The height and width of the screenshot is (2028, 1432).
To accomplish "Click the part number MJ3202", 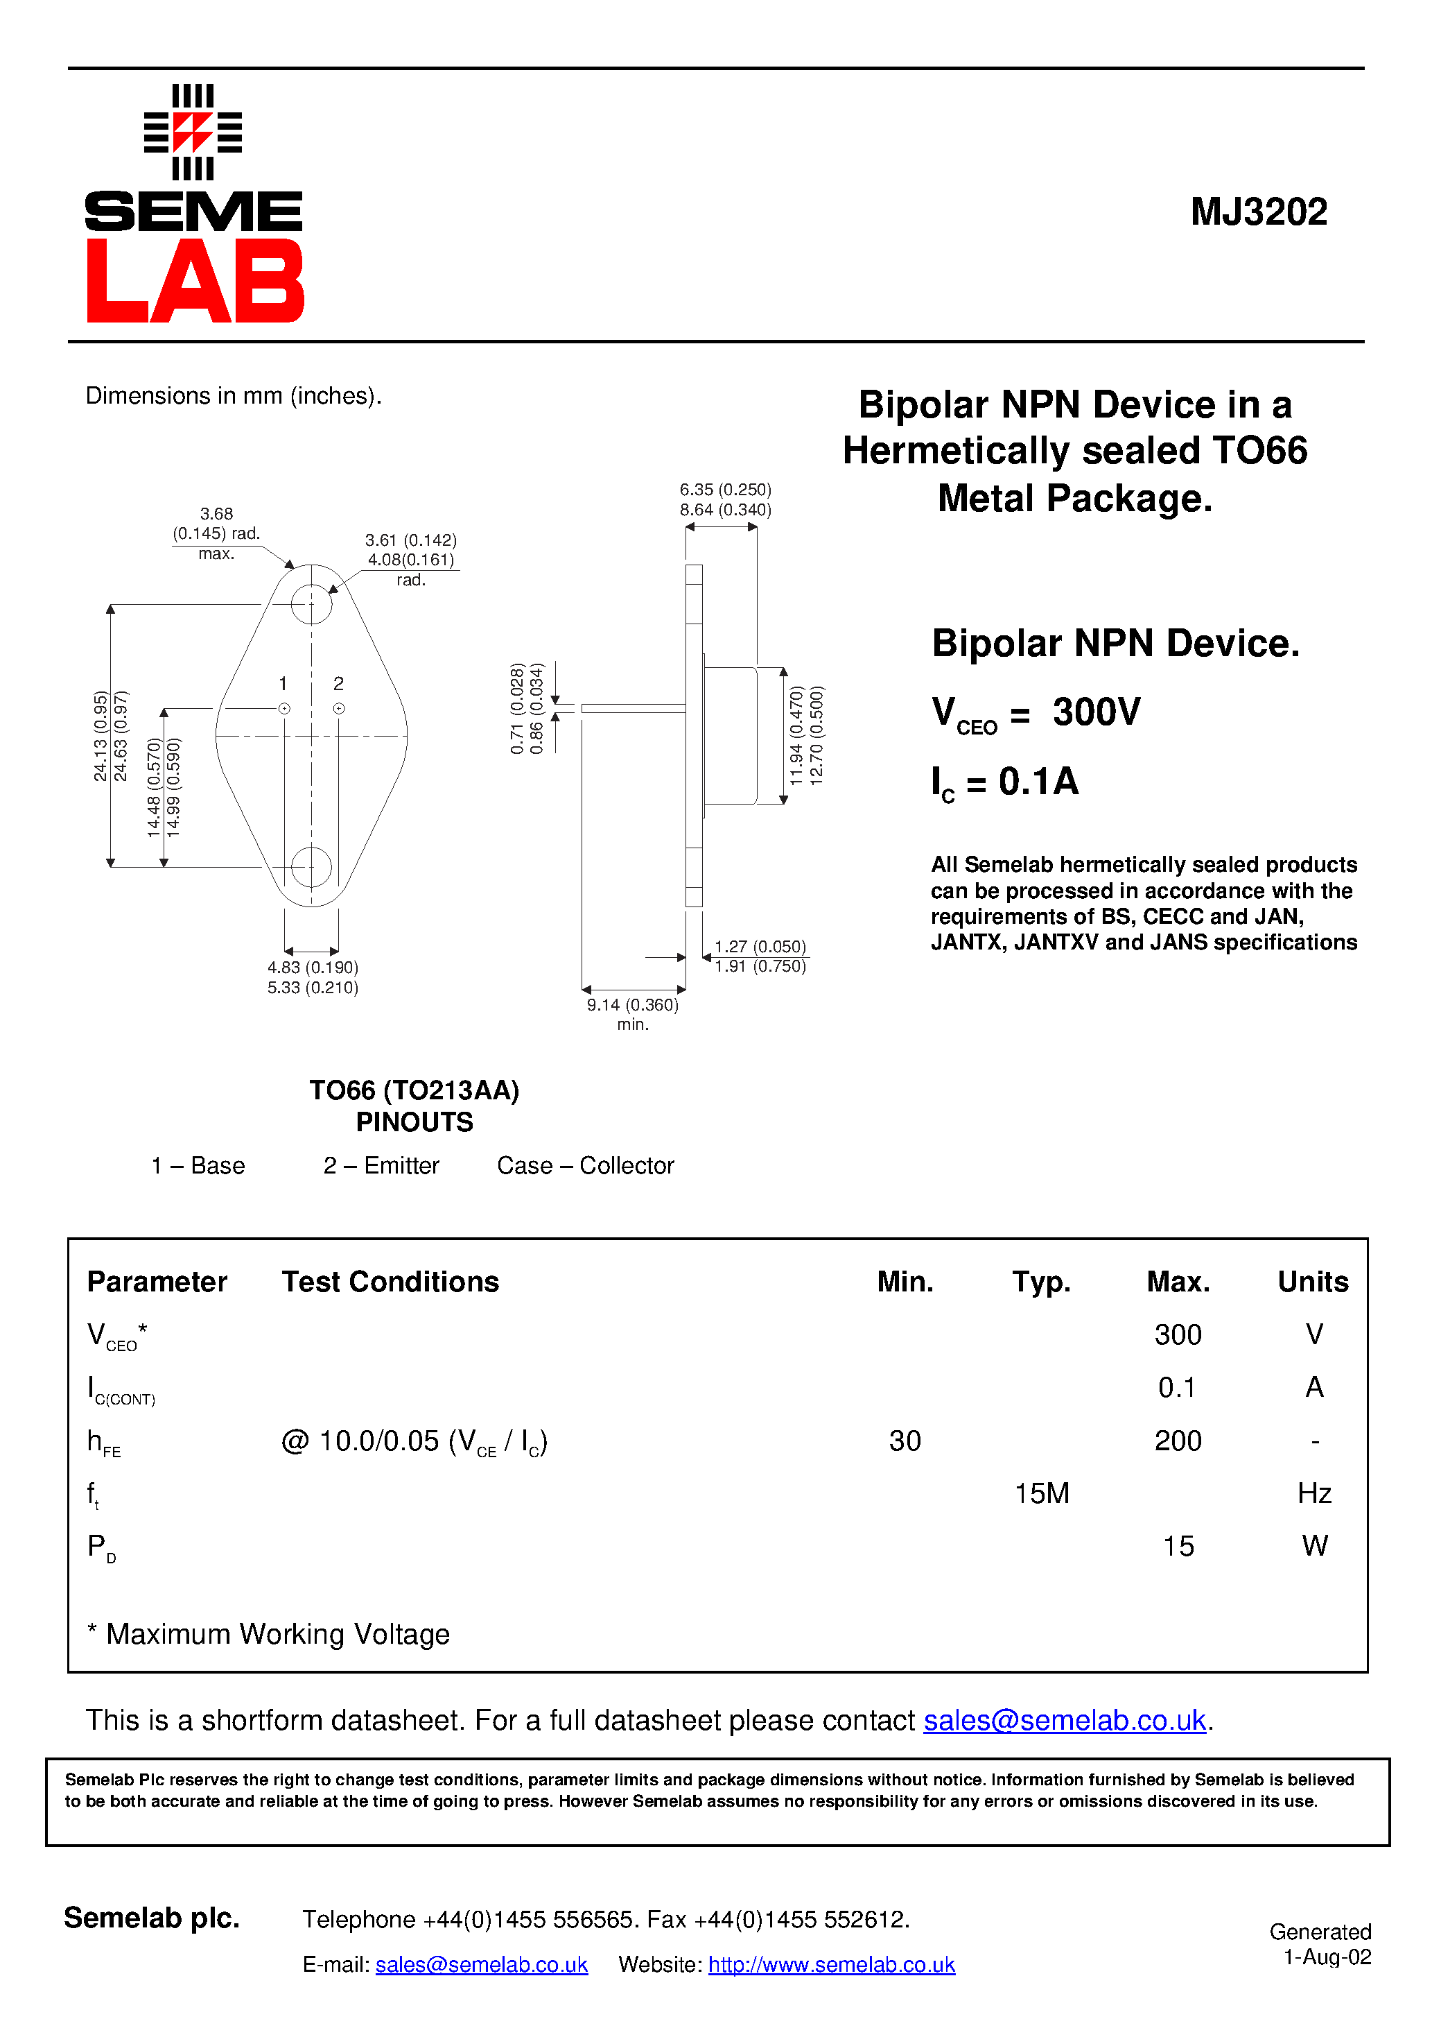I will tap(1258, 212).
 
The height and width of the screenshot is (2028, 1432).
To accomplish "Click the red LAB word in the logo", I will tap(195, 281).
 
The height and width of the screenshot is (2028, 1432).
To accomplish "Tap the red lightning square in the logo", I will tap(193, 132).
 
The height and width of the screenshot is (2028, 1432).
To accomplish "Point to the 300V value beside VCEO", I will tap(1096, 712).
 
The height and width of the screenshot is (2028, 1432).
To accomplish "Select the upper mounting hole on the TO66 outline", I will tap(312, 604).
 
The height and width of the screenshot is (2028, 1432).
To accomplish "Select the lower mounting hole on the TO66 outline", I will tap(312, 866).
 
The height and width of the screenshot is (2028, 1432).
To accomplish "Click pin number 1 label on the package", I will tap(283, 684).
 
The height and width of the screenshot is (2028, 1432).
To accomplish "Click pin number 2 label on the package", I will tap(338, 684).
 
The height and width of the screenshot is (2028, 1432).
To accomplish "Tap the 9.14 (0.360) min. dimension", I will tap(632, 1005).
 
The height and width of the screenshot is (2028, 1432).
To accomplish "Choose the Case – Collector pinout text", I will tap(585, 1166).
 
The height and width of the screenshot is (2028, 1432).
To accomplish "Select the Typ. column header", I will tap(1041, 1282).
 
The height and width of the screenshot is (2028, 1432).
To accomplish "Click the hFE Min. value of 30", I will tap(905, 1441).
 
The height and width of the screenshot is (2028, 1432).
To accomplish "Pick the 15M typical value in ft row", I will tap(1042, 1494).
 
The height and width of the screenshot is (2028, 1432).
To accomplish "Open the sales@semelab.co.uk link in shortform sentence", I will tap(1064, 1721).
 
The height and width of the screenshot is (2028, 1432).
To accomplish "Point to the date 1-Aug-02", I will tap(1327, 1957).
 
